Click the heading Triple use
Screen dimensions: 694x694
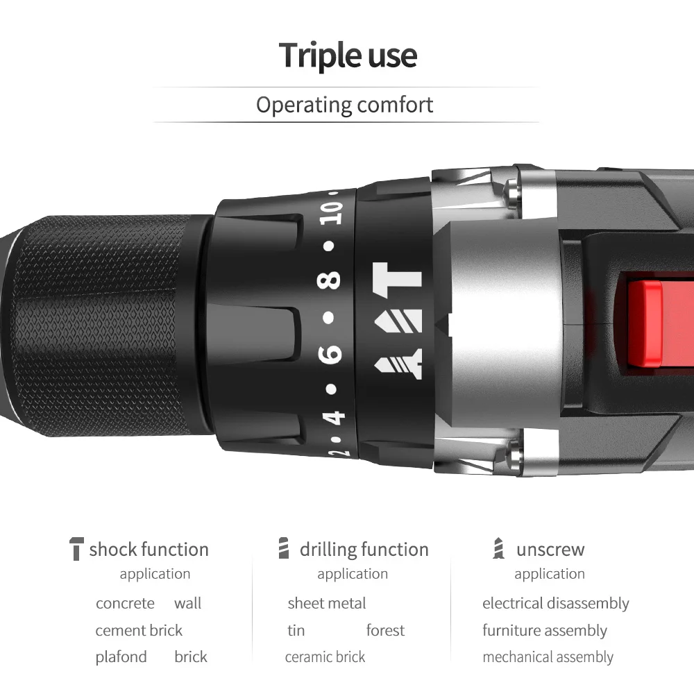(348, 56)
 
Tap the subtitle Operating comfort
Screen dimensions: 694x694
(344, 105)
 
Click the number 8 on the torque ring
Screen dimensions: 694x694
(332, 280)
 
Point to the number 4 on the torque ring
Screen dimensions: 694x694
(335, 417)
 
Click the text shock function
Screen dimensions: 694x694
(149, 550)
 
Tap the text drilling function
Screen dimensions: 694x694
(364, 550)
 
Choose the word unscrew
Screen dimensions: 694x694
(550, 550)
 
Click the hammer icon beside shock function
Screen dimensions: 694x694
(76, 548)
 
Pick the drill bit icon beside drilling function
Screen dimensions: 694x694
(282, 548)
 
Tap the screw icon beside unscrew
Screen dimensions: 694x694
(498, 548)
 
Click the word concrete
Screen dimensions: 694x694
(125, 603)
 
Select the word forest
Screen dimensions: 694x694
(385, 630)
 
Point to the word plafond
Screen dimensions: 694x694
(121, 657)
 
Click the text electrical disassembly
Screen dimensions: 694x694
(555, 603)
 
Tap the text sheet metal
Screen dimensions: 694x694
(326, 603)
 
